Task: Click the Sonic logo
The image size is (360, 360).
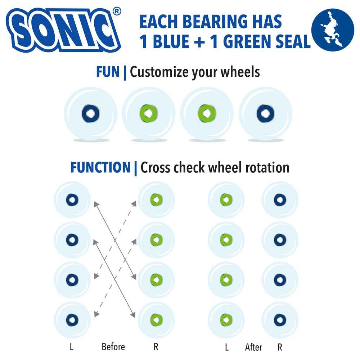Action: [63, 30]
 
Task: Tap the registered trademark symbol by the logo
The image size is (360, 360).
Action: [117, 11]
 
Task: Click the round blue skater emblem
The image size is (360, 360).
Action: [333, 30]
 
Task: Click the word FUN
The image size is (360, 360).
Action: [108, 72]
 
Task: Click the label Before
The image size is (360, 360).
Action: [113, 347]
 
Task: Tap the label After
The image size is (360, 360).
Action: [253, 347]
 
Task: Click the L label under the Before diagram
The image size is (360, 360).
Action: [72, 347]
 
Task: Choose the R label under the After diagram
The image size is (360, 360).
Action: [280, 347]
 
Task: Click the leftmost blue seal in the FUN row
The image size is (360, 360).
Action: [90, 113]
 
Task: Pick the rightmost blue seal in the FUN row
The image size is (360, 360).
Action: [265, 113]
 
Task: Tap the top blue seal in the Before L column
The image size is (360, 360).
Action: [72, 200]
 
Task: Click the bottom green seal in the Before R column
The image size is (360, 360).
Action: [156, 320]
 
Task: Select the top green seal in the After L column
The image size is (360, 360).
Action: [226, 200]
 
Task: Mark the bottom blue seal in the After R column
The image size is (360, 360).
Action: [280, 320]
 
